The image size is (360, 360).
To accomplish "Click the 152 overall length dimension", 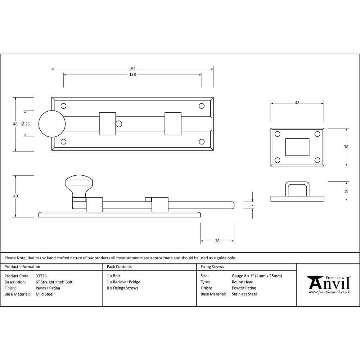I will pos(132,69).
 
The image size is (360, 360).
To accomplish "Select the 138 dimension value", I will pos(132,75).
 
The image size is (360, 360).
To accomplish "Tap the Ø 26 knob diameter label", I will pos(26,124).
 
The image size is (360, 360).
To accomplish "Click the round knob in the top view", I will pos(52,124).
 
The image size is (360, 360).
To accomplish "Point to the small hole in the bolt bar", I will pos(118,124).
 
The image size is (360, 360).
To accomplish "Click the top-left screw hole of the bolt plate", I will pos(64,106).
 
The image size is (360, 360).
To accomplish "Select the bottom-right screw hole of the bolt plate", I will pos(202,142).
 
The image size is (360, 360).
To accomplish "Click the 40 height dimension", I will pos(15,196).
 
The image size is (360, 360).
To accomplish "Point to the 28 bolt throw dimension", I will pos(217,241).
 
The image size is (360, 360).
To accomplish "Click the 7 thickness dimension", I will pos(252,205).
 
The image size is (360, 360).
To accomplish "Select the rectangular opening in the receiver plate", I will pos(297,147).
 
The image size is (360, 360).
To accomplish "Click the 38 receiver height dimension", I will pos(346,147).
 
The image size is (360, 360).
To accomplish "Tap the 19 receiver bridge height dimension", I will pos(346,191).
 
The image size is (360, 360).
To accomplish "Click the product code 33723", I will pos(41,276).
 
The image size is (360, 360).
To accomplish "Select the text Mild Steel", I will pos(44,294).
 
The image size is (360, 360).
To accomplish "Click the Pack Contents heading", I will pos(119,267).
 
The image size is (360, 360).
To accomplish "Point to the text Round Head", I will pos(242,282).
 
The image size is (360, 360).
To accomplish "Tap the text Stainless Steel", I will pos(244,294).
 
